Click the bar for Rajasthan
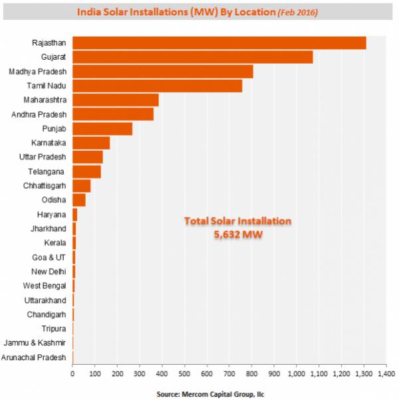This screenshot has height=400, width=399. (x=219, y=43)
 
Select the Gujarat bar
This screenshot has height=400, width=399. (x=192, y=57)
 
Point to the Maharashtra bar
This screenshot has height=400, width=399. (x=115, y=100)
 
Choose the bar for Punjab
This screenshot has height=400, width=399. (x=102, y=128)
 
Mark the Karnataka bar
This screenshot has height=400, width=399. (x=91, y=143)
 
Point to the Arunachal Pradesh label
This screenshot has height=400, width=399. (x=35, y=357)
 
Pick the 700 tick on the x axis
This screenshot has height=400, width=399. (x=229, y=374)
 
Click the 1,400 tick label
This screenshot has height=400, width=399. (x=386, y=374)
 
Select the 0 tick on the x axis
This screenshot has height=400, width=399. (x=72, y=374)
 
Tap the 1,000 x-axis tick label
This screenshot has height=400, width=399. (x=296, y=374)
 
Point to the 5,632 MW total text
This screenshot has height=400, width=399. (x=229, y=234)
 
